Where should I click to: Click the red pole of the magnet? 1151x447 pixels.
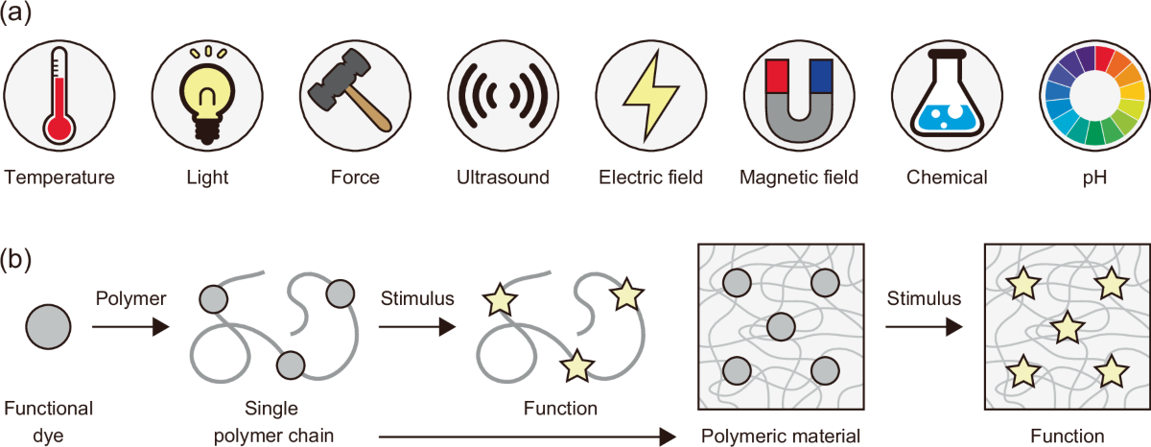[x=778, y=75]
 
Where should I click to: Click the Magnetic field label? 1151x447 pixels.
[x=798, y=177]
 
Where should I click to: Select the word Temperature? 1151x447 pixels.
[x=59, y=177]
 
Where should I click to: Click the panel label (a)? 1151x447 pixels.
[x=20, y=18]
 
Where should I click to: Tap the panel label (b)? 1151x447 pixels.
[x=20, y=260]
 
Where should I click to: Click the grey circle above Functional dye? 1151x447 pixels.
[x=47, y=327]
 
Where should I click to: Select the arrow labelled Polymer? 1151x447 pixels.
[x=129, y=328]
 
